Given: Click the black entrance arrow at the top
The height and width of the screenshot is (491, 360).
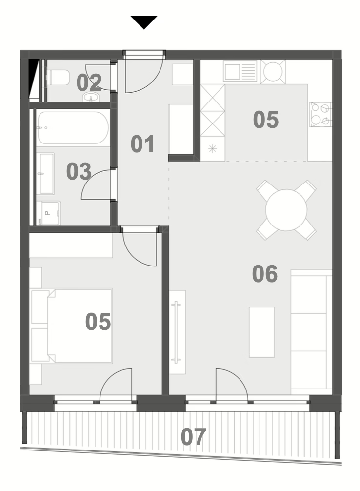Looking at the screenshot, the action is [x=144, y=22].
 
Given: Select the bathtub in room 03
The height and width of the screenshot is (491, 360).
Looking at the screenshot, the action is [x=73, y=128].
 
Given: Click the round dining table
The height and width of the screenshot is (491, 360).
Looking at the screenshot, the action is [x=286, y=210].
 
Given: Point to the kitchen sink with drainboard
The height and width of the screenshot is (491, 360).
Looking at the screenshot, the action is [x=240, y=71].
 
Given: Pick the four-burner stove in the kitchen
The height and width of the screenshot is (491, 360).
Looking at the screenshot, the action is [x=320, y=114].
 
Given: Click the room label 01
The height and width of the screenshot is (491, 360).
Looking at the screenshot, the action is [x=142, y=144].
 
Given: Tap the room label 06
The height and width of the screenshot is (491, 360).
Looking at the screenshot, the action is [x=265, y=274].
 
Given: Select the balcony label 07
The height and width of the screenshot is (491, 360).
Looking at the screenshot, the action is [x=193, y=437].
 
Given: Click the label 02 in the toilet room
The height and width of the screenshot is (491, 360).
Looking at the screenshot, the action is [x=89, y=82].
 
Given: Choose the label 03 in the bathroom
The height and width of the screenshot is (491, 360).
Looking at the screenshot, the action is [x=79, y=171].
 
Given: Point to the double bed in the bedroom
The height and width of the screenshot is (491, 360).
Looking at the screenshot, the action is [x=72, y=326].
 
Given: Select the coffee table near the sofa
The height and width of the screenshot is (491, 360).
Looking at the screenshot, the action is [x=261, y=332].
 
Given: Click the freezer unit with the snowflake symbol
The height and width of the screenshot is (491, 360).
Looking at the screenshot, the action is [x=213, y=149].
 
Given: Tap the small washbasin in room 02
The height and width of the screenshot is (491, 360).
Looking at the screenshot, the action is [x=91, y=97].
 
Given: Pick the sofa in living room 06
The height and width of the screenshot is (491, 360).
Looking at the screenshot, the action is [x=311, y=332].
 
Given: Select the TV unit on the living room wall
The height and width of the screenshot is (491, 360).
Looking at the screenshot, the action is [x=178, y=332].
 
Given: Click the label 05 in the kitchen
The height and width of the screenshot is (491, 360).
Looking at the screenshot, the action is [x=266, y=120].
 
